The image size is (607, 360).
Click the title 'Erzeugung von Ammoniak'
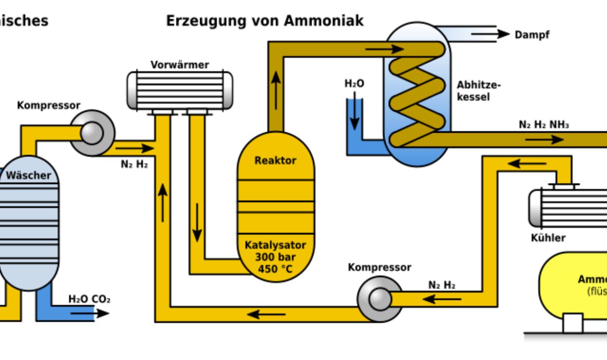click(265, 21)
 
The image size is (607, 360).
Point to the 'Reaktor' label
click(275, 160)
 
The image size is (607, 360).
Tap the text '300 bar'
click(275, 257)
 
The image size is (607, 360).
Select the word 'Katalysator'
click(275, 245)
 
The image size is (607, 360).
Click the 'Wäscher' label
click(28, 175)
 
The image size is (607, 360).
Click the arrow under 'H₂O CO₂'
click(90, 313)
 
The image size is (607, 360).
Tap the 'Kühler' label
click(548, 238)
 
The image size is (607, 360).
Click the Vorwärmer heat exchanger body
click(179, 90)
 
